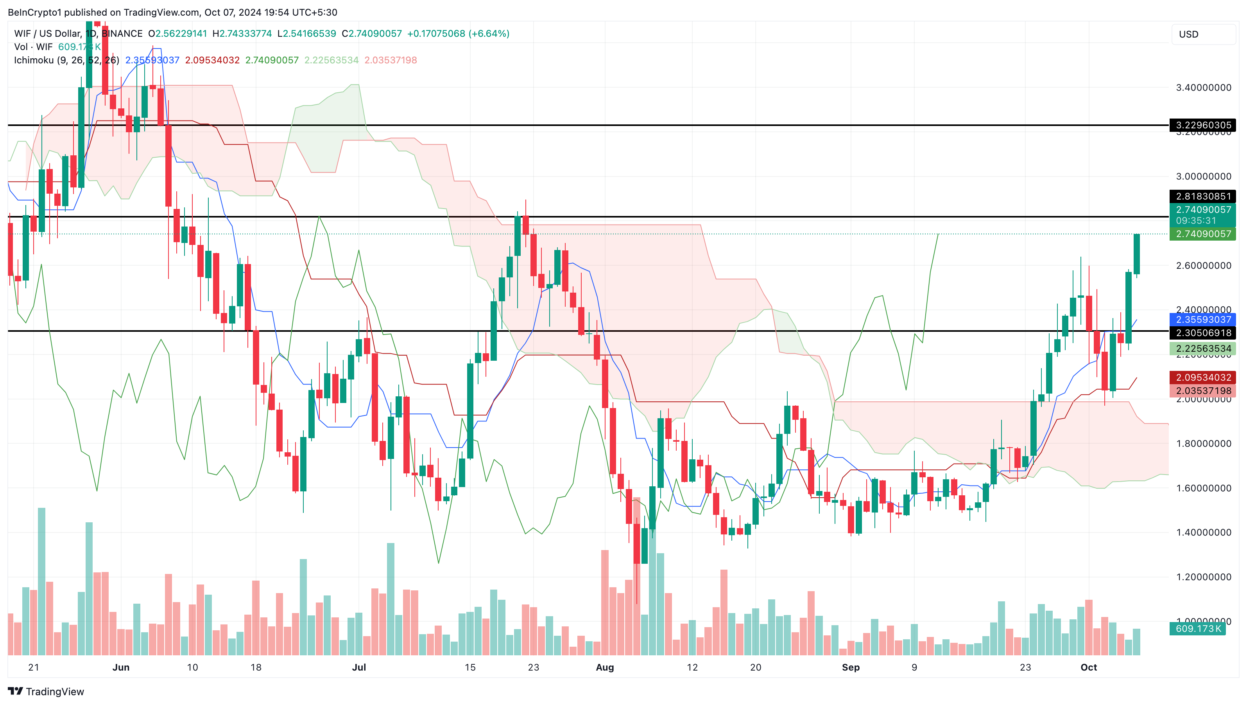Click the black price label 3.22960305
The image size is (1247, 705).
[1203, 125]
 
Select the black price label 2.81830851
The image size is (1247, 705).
[1203, 196]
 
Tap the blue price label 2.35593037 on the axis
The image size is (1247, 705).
[1203, 320]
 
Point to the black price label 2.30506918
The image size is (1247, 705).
[1203, 333]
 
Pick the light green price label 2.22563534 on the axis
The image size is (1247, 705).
[1203, 348]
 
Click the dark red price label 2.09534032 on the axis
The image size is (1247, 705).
[1203, 378]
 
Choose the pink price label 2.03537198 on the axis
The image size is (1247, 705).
[1203, 390]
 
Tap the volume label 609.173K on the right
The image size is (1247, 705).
[1198, 628]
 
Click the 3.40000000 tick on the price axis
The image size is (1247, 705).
[1203, 88]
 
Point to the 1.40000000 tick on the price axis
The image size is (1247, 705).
[1203, 532]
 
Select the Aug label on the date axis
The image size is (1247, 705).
[605, 667]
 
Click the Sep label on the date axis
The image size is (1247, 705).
[851, 667]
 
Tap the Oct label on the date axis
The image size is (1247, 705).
[1089, 667]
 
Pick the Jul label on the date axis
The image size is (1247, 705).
[359, 667]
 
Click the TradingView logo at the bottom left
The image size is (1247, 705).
[46, 691]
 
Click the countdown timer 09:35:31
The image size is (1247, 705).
[1196, 221]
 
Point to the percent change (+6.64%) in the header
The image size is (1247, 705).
[489, 33]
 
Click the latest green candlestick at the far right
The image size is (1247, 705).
[1136, 254]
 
